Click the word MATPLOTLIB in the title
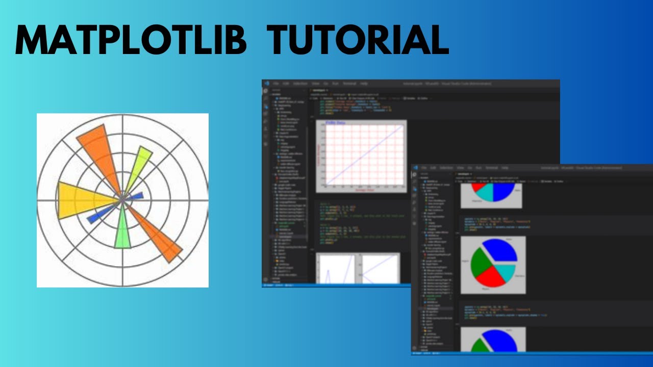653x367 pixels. (131, 40)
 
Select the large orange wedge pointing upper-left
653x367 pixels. (99, 153)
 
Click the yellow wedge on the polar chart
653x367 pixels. (82, 200)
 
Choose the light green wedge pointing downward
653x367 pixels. (122, 232)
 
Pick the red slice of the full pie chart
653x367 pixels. (491, 277)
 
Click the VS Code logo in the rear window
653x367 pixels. (266, 83)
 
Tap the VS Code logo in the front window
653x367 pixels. (416, 168)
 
